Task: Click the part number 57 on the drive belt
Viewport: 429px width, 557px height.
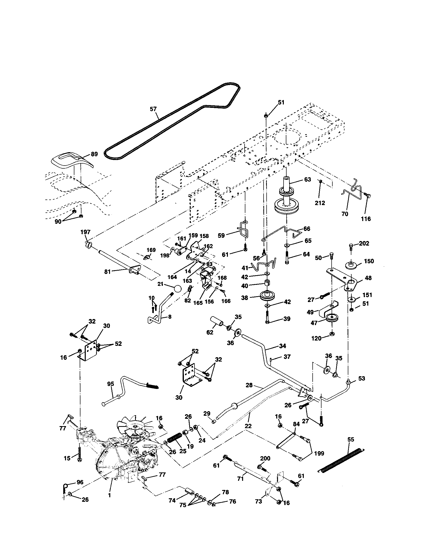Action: (x=153, y=109)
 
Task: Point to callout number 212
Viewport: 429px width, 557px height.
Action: (x=320, y=203)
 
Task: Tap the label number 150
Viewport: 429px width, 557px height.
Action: (x=369, y=261)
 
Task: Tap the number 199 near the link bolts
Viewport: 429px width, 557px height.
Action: (x=319, y=453)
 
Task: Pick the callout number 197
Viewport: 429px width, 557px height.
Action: (x=85, y=232)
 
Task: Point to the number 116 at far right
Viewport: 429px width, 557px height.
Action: (x=366, y=219)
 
